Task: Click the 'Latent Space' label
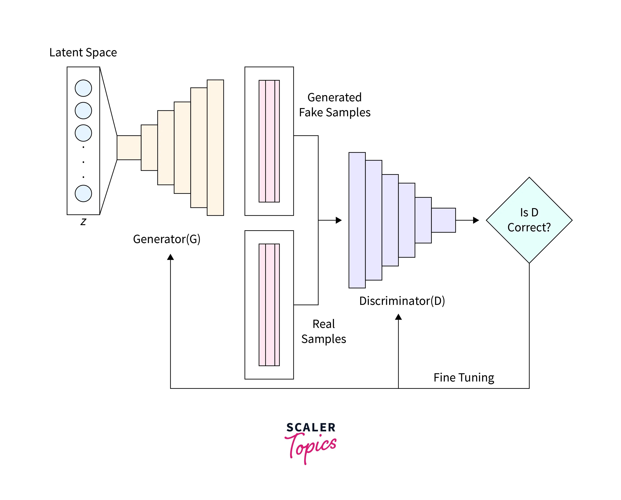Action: [x=83, y=52]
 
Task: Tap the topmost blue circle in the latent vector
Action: [x=83, y=88]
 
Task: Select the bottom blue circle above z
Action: [x=83, y=193]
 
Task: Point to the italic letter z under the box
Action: [x=83, y=222]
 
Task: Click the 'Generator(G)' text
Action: [x=167, y=239]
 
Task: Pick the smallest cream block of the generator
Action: [x=129, y=148]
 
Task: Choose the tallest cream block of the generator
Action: [x=215, y=148]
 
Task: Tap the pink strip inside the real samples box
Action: [x=269, y=305]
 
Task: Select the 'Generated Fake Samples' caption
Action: [x=334, y=105]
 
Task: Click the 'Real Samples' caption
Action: [x=323, y=331]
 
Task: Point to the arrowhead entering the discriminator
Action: [x=339, y=220]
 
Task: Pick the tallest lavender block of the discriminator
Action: [x=357, y=220]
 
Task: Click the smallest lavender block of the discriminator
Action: [x=443, y=220]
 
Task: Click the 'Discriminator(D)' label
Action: [x=402, y=301]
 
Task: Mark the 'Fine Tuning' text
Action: [x=464, y=377]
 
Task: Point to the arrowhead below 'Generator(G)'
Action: [x=171, y=257]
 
